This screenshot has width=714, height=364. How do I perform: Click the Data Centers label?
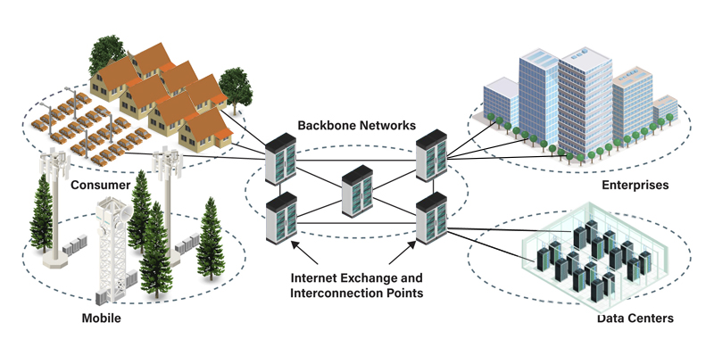(635, 318)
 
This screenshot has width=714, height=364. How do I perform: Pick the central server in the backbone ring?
(357, 191)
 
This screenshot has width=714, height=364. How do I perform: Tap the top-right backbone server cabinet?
(431, 153)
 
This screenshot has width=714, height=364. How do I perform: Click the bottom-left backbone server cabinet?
(280, 219)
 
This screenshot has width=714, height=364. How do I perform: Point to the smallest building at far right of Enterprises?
(665, 112)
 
